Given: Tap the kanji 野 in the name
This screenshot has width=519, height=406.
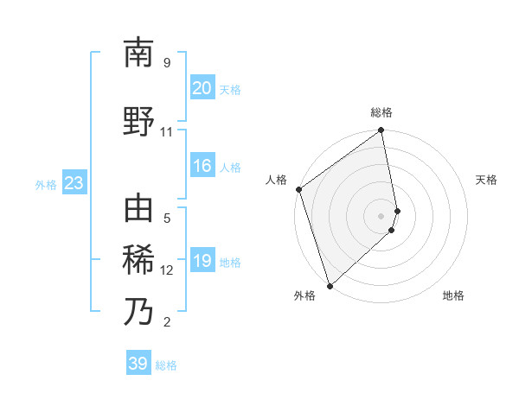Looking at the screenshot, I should point(138,122).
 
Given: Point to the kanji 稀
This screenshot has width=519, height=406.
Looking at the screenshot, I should point(138,260).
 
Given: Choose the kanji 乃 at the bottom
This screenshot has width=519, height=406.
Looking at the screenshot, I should point(138,310).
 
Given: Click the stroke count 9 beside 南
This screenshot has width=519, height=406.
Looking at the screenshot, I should point(167,62).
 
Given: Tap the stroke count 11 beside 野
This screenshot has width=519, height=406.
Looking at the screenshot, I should point(167,132).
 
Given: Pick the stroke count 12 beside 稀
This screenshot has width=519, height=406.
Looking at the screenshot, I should point(167,270).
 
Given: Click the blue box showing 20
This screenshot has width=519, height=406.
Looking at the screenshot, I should point(202,88).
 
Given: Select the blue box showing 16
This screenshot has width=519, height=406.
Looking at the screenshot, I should point(202,166).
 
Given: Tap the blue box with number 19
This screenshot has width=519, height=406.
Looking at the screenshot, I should point(202,261).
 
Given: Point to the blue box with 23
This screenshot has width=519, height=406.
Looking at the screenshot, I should point(74,183).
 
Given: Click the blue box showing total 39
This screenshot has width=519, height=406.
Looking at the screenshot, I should point(138,364).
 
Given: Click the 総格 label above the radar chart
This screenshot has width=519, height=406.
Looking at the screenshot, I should point(381,112).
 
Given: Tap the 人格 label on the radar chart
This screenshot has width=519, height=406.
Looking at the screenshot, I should point(277,180).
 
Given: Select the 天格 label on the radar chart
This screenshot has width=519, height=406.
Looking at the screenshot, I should point(486,180).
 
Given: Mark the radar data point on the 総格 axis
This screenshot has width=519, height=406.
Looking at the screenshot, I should point(381,131).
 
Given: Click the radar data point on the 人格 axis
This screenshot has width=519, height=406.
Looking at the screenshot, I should point(298,189).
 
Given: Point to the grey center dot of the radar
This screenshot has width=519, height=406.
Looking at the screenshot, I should point(381,215).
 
